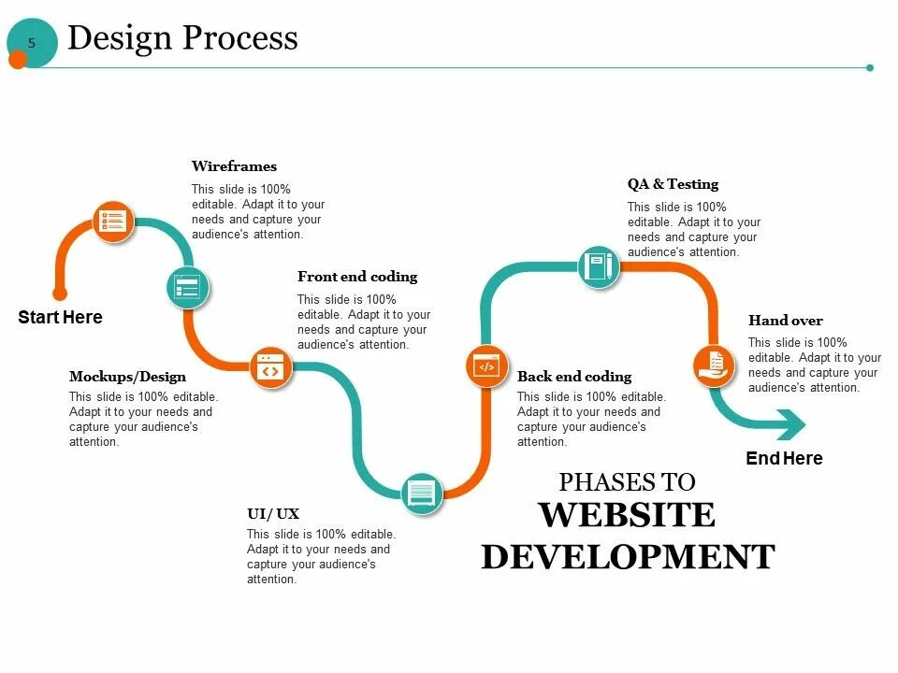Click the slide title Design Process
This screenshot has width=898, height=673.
[x=182, y=37]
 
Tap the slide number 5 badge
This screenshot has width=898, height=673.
[x=32, y=43]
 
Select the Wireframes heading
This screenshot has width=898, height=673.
[x=234, y=166]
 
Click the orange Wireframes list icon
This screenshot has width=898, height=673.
[x=113, y=222]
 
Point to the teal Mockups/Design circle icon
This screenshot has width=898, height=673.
[x=188, y=287]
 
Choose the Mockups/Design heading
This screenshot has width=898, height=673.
[x=127, y=377]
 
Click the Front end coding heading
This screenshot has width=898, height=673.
[x=357, y=277]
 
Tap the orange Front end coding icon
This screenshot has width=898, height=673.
[x=270, y=367]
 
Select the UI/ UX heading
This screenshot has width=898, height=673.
[x=273, y=513]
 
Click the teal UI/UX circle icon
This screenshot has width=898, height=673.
[x=422, y=492]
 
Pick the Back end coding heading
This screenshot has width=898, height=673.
[x=574, y=377]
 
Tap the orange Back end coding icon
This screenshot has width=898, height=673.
[x=486, y=365]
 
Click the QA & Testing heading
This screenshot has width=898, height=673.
[x=673, y=184]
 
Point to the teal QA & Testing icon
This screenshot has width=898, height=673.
[x=598, y=267]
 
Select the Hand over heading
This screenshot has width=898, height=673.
[x=786, y=321]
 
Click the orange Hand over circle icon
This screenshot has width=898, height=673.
[x=714, y=365]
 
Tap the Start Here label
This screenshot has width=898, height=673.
[x=60, y=318]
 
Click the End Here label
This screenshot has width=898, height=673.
[x=784, y=459]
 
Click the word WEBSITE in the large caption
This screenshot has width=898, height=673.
[x=627, y=516]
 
